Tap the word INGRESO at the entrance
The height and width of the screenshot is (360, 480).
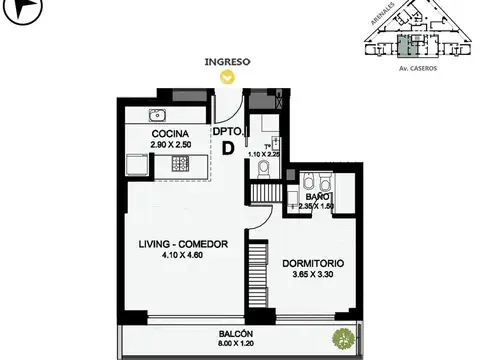[227, 61]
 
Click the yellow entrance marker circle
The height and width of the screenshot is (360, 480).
[228, 74]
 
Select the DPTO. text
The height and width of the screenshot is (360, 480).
[227, 130]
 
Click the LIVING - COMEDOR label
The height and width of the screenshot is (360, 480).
[184, 244]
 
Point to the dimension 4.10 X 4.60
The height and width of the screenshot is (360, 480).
[184, 256]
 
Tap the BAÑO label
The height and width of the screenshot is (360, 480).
[318, 197]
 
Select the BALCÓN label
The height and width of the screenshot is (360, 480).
[237, 334]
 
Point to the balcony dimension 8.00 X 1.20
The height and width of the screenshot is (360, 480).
[237, 345]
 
